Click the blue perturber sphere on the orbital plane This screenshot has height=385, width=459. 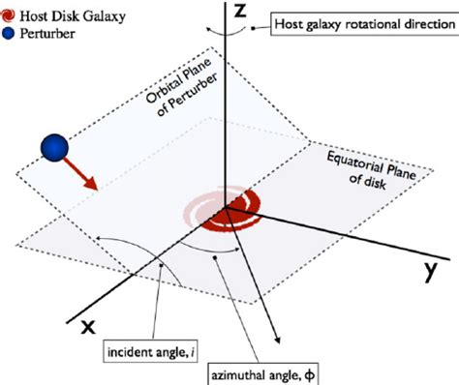[x=56, y=147]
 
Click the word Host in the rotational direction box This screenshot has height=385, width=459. [x=291, y=23]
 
